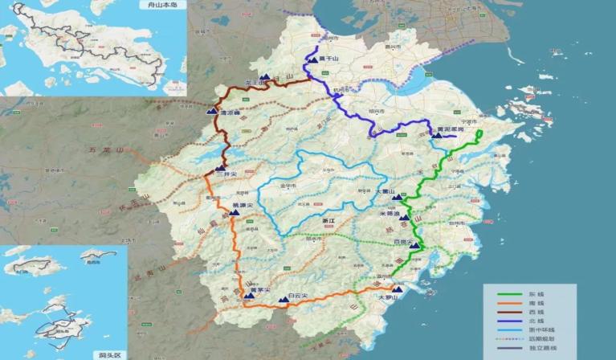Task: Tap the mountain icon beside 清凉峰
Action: point(213,112)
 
